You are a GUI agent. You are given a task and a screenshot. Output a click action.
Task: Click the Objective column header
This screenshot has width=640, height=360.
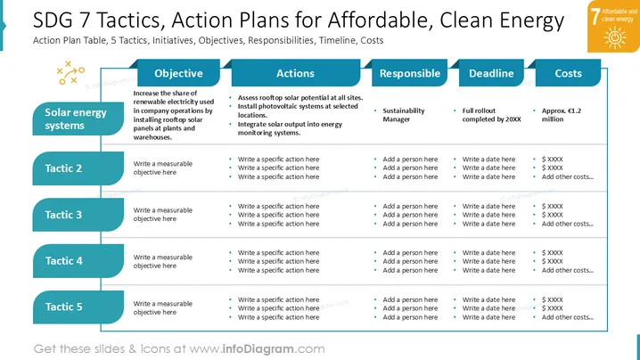(178, 73)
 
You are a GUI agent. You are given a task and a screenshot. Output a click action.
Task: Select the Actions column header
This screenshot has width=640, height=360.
(296, 73)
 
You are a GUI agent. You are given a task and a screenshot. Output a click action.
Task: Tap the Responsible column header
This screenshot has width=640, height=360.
(409, 73)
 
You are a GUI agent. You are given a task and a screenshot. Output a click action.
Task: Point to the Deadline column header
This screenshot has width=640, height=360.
(491, 73)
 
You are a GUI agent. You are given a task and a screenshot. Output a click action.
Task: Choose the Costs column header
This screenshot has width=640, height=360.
(568, 73)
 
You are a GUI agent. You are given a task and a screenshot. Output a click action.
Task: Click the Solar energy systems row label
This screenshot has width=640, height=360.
(78, 119)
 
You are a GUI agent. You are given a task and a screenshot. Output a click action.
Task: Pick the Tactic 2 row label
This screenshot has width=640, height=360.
(78, 168)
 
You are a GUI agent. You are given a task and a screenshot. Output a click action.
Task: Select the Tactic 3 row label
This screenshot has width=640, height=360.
(78, 215)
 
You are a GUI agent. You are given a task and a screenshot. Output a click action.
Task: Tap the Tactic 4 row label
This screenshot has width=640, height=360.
(78, 261)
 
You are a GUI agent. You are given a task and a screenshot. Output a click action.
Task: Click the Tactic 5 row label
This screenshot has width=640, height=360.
(78, 307)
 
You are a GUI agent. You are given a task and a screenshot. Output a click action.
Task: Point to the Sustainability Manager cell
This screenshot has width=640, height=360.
(403, 115)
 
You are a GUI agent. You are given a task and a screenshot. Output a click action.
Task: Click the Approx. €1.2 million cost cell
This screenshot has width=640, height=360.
(561, 115)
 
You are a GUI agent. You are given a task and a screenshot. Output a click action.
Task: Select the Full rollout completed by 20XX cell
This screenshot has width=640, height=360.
(491, 115)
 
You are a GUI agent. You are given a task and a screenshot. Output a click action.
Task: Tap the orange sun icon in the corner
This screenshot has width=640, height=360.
(615, 37)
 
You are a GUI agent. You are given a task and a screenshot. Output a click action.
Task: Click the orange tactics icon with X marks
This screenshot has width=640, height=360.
(70, 73)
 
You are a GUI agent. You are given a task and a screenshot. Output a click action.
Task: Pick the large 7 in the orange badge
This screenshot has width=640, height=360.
(595, 16)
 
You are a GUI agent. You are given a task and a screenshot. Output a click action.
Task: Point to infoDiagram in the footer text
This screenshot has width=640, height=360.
(258, 349)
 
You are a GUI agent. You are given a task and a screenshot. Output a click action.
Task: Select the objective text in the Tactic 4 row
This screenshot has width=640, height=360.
(162, 261)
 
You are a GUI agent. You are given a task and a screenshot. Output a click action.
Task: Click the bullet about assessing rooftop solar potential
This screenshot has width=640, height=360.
(300, 97)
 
